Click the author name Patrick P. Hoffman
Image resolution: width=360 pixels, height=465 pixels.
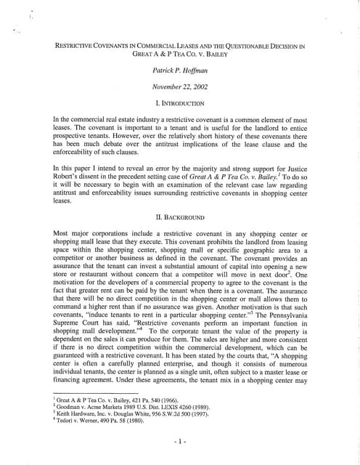[179, 70]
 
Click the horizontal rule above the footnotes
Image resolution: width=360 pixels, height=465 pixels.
[86, 392]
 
